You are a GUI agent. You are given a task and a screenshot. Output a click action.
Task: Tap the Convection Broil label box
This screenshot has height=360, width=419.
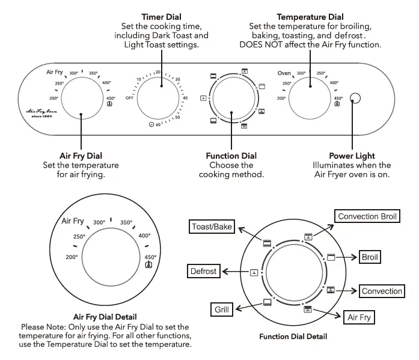click(368, 216)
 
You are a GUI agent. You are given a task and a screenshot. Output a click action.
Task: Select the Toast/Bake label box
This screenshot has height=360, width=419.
click(211, 227)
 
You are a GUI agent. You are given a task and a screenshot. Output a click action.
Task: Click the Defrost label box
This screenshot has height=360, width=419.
click(203, 271)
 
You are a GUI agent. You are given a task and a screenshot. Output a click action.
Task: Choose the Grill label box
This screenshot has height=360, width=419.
click(222, 310)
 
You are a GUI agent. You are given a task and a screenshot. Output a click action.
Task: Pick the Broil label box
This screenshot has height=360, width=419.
click(370, 257)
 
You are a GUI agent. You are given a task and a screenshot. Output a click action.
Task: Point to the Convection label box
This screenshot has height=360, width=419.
click(382, 291)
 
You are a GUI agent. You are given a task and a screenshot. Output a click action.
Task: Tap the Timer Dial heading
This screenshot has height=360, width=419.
click(161, 17)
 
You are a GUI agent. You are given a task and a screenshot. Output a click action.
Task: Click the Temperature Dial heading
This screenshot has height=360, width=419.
click(310, 17)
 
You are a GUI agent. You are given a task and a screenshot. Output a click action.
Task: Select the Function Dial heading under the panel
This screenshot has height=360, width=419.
click(231, 156)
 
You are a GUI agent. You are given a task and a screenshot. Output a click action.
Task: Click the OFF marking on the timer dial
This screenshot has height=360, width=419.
click(129, 97)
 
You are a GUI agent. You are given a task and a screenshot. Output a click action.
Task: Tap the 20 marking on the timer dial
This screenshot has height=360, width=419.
click(158, 72)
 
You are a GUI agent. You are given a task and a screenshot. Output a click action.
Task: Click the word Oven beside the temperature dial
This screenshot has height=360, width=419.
click(284, 73)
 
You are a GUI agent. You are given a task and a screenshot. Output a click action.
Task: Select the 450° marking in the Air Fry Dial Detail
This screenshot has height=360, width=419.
click(150, 257)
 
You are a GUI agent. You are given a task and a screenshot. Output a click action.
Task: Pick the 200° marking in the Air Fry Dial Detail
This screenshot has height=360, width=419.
click(72, 257)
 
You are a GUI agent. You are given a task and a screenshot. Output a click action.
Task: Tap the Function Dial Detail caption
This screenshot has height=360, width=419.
click(293, 337)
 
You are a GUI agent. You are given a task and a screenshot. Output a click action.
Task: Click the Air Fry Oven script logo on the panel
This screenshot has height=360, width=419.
click(41, 112)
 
